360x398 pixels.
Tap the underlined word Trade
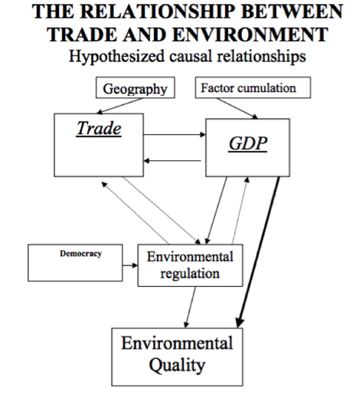[99, 128]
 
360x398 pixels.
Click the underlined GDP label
[248, 143]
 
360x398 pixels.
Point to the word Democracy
[80, 253]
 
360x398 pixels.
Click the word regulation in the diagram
[190, 274]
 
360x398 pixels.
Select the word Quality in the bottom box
[177, 365]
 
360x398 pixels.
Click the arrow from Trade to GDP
[175, 134]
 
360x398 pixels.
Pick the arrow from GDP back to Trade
[172, 161]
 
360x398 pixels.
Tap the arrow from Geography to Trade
[120, 106]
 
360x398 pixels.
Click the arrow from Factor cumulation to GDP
[237, 108]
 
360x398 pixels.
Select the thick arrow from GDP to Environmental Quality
[258, 252]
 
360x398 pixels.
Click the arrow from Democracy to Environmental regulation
[130, 265]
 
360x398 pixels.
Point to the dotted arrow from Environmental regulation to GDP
[240, 210]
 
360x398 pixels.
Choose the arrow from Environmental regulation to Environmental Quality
[191, 307]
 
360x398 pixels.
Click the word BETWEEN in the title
[292, 12]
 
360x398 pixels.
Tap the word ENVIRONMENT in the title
[250, 35]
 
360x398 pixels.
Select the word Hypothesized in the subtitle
[116, 57]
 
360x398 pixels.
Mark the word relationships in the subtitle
[261, 57]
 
